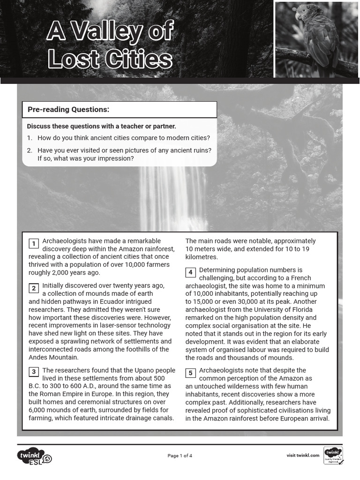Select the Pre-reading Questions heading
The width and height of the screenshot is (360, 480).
pyautogui.click(x=68, y=110)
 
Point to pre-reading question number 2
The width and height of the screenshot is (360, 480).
pyautogui.click(x=120, y=154)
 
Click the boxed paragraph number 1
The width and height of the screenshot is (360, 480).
pyautogui.click(x=34, y=243)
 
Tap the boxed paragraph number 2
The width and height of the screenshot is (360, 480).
pyautogui.click(x=34, y=288)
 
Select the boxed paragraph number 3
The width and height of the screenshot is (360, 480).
pyautogui.click(x=34, y=372)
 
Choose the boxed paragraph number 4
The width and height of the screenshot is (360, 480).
pyautogui.click(x=190, y=272)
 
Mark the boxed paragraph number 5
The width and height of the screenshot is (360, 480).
pyautogui.click(x=190, y=373)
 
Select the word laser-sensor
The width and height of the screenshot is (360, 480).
pyautogui.click(x=122, y=325)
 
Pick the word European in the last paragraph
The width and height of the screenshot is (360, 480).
pyautogui.click(x=294, y=418)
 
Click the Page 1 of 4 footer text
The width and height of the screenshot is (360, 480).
pyautogui.click(x=180, y=456)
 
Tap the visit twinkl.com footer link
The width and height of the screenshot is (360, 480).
pyautogui.click(x=303, y=455)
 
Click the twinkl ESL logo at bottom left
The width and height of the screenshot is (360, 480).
pyautogui.click(x=34, y=456)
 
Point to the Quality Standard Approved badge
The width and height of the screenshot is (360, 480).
pyautogui.click(x=333, y=456)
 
